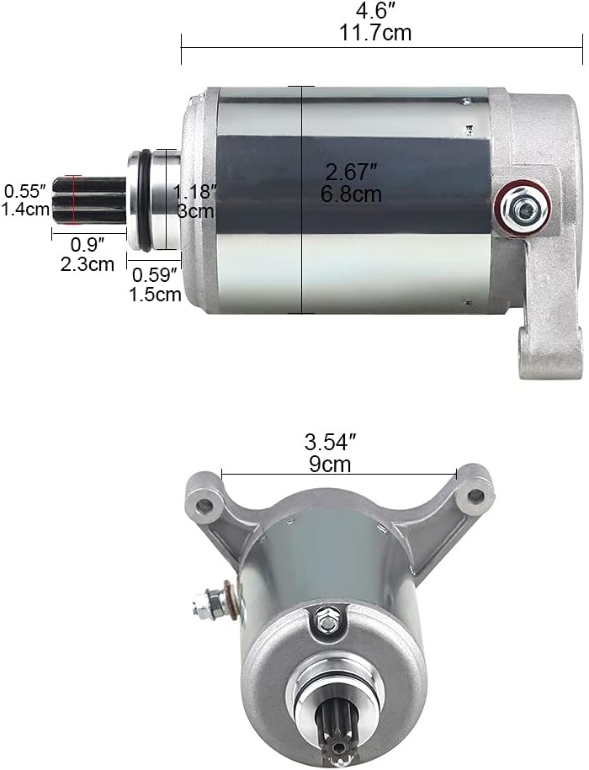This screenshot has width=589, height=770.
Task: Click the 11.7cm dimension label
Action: [x=375, y=33]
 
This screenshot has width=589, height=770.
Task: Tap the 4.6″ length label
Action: [x=374, y=11]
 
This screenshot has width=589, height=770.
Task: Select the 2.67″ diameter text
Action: [x=351, y=172]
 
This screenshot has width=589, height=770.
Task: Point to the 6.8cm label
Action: [x=351, y=194]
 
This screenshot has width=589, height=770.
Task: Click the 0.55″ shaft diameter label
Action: [x=25, y=190]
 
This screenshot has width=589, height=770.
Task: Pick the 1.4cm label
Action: [x=25, y=210]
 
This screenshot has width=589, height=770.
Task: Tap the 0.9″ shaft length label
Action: [x=88, y=244]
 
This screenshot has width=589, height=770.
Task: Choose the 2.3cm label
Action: [x=88, y=264]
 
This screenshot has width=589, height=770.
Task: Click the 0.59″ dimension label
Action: [x=155, y=275]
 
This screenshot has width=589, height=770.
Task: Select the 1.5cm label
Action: [x=155, y=295]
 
